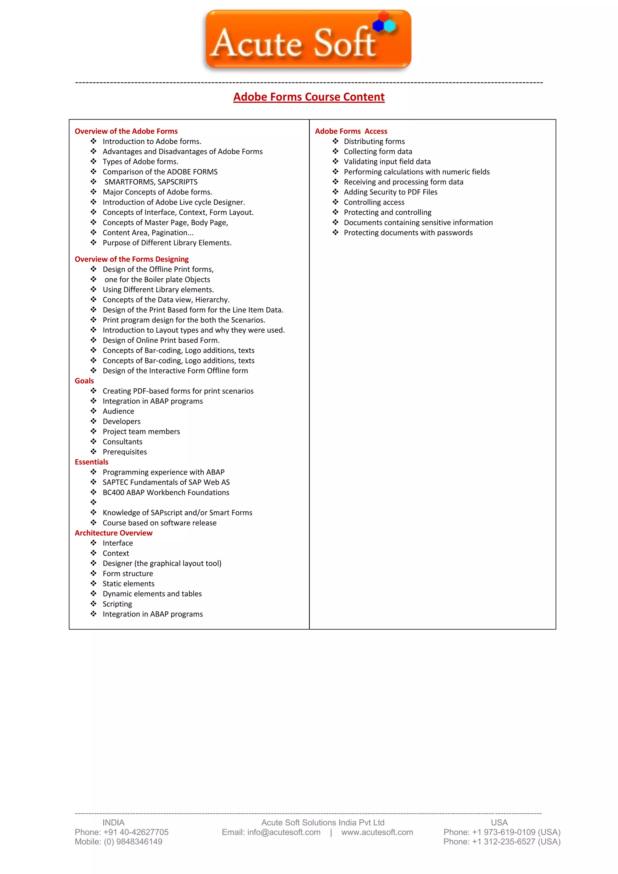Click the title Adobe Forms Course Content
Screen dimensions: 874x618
point(309,97)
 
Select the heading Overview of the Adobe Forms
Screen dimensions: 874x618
point(126,131)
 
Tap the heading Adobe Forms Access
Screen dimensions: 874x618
point(351,131)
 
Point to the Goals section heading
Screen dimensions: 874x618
point(84,381)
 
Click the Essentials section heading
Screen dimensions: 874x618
point(91,462)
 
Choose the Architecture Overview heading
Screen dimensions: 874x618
point(113,533)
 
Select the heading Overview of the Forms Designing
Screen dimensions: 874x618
point(131,259)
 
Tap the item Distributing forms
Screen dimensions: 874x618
point(374,142)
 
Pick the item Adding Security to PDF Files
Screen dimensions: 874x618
point(390,192)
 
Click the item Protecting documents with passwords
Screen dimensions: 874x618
point(408,233)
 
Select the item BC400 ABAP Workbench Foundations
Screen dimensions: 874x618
point(166,493)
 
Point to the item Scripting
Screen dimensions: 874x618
point(117,604)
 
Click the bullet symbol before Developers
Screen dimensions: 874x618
point(94,421)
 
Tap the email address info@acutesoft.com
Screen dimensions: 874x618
point(284,833)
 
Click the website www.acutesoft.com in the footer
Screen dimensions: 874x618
point(377,833)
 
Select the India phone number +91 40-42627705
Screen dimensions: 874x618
point(135,833)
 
